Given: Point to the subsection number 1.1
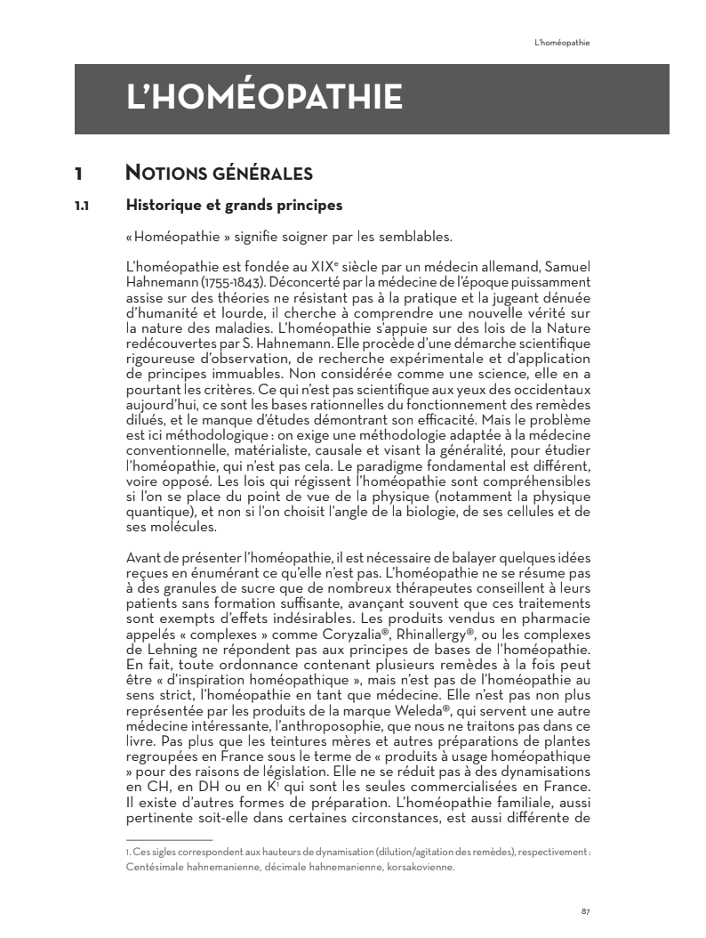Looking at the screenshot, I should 81,206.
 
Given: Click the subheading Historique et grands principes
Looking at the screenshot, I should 234,206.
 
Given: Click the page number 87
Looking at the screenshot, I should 586,910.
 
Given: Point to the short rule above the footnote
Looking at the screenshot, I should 169,839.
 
